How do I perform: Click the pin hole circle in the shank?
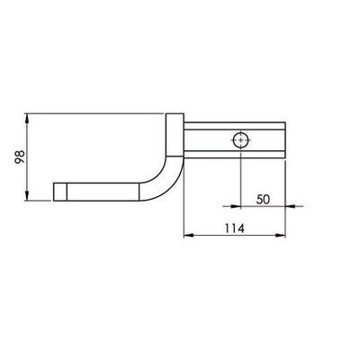tap(241, 140)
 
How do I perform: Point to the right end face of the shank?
tap(283, 140)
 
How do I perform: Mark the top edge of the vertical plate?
tap(175, 113)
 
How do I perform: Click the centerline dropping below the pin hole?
tap(241, 180)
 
